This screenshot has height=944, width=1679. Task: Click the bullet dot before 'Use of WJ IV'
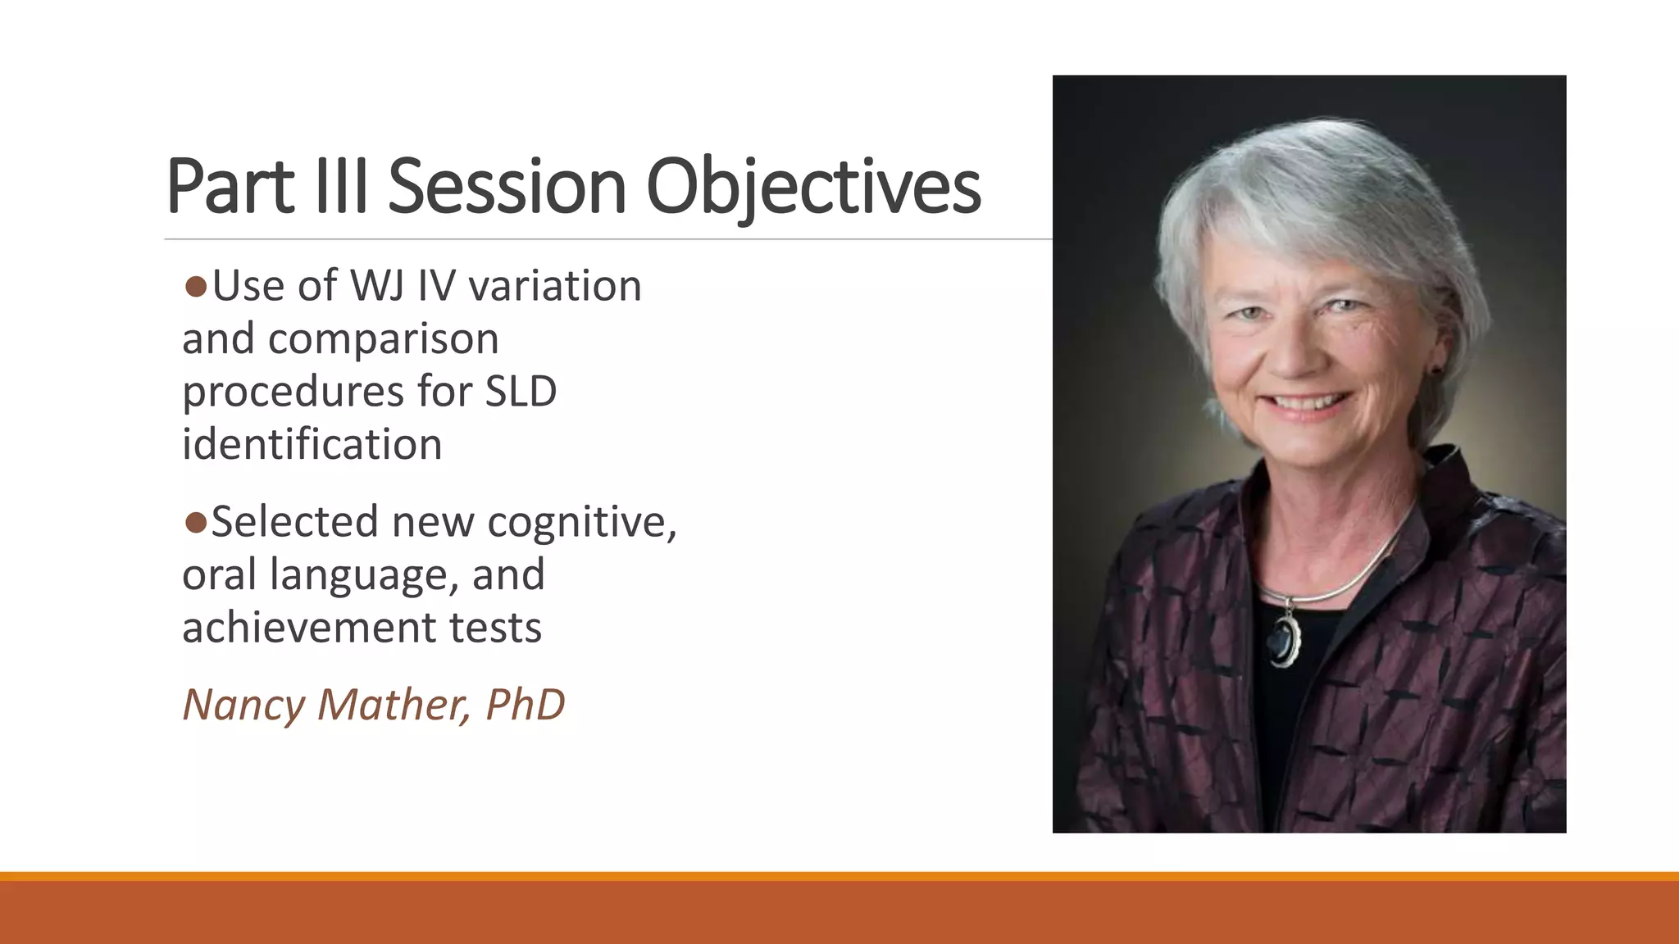point(195,287)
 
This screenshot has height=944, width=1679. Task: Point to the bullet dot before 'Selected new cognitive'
point(195,523)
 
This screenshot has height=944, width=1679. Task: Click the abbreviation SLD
point(521,392)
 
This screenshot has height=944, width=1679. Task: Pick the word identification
point(312,445)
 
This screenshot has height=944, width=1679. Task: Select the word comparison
point(383,339)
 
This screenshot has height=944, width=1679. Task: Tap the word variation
point(555,287)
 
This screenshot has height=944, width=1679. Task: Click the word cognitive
point(582,523)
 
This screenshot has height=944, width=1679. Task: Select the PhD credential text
point(525,705)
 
